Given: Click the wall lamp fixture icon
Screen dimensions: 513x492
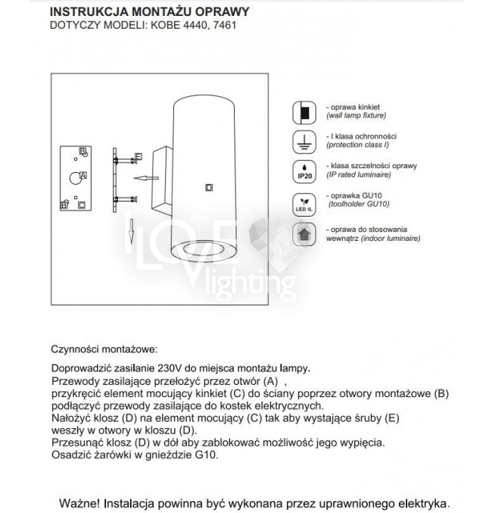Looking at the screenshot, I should [304, 114].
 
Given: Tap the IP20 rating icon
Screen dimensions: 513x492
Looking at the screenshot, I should [304, 173].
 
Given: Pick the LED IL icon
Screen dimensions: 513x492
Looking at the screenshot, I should [304, 203].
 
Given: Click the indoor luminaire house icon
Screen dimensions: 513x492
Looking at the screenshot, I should [304, 233].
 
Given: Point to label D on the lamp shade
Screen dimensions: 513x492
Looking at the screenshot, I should [209, 186].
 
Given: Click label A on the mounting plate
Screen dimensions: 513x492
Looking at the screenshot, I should [83, 175].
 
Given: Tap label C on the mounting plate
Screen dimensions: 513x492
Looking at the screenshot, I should [82, 205].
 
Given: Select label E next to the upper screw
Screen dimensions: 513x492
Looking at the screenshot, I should [138, 156].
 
